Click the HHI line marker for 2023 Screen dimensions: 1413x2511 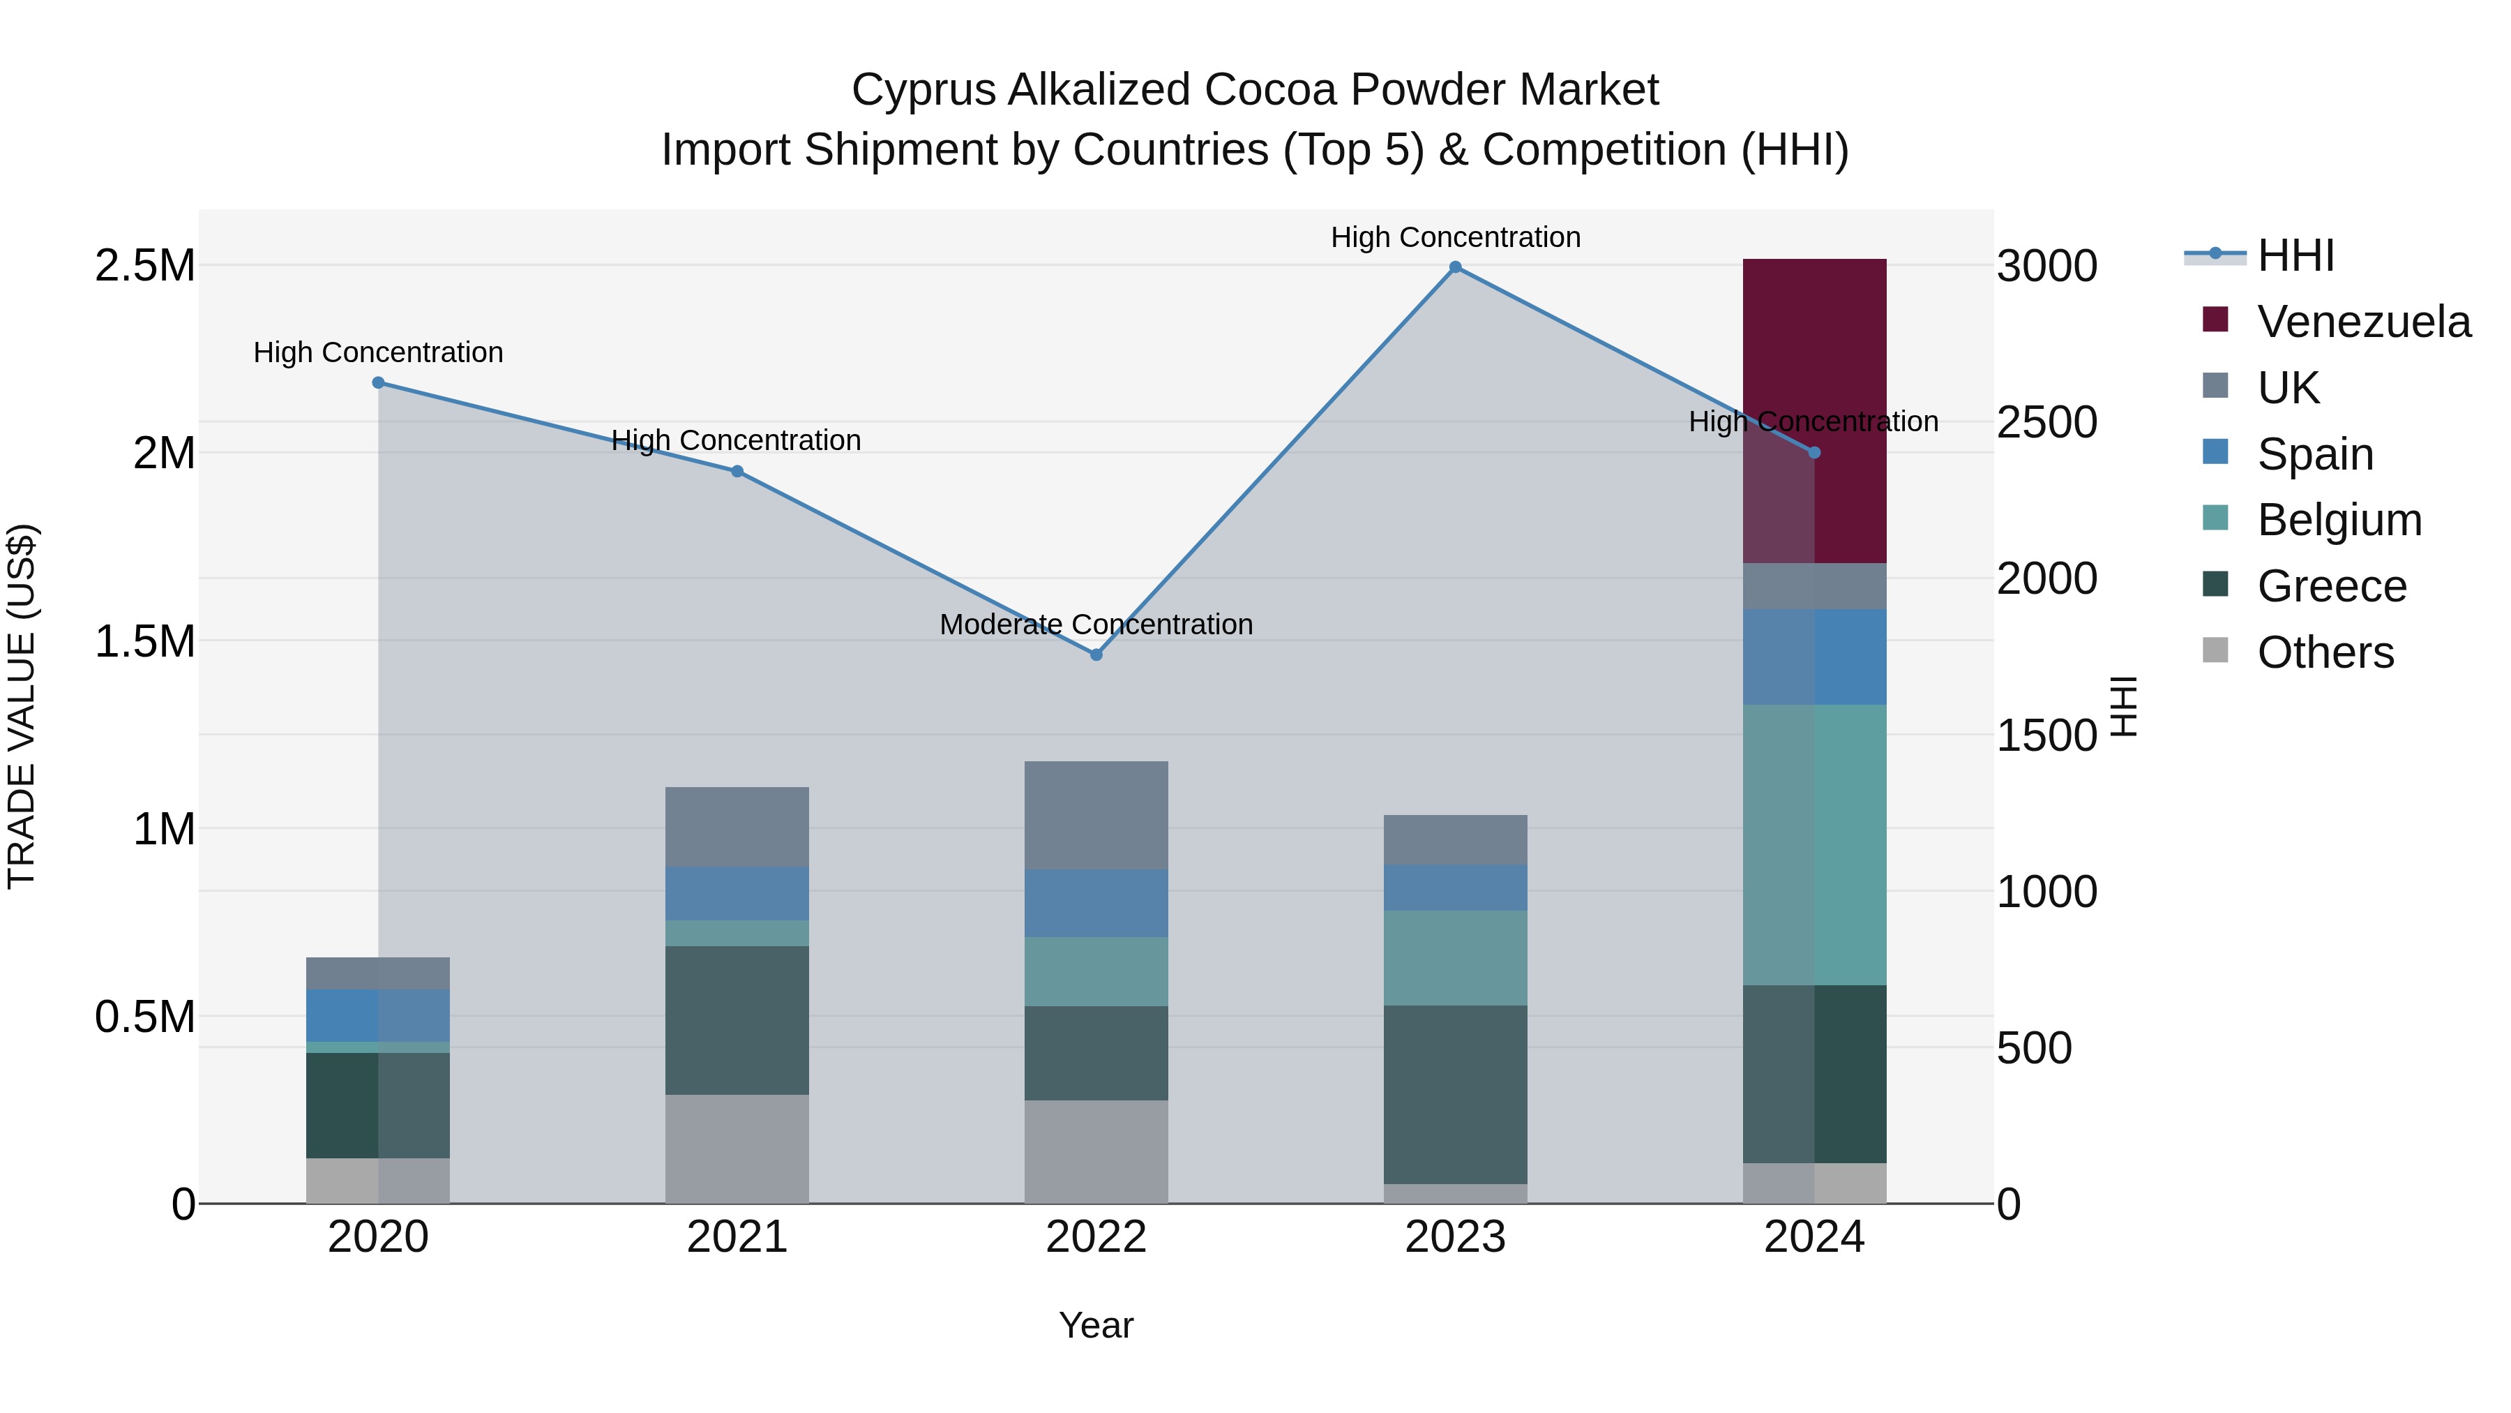[1454, 267]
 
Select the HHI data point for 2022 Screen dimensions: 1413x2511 [1096, 655]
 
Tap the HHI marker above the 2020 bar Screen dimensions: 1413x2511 [378, 382]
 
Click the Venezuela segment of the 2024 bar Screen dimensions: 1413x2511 [1814, 410]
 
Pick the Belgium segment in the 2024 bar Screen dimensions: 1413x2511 [1814, 844]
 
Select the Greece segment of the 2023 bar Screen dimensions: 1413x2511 [1454, 1094]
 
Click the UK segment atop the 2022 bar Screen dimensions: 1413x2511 [1096, 815]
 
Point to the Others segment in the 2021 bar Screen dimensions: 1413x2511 [737, 1149]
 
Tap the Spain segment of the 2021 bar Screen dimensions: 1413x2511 [737, 893]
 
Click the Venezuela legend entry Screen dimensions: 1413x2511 [2363, 321]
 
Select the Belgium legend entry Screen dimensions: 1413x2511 [2339, 520]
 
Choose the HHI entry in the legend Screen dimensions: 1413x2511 [2295, 255]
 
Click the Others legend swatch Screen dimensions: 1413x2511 [2216, 650]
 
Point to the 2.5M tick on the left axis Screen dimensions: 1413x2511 [144, 265]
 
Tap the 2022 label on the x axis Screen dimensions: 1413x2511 [1096, 1237]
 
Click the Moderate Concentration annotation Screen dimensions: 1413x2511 [1096, 624]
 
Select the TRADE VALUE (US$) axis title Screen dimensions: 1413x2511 [22, 706]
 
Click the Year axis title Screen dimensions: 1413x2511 [1096, 1325]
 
